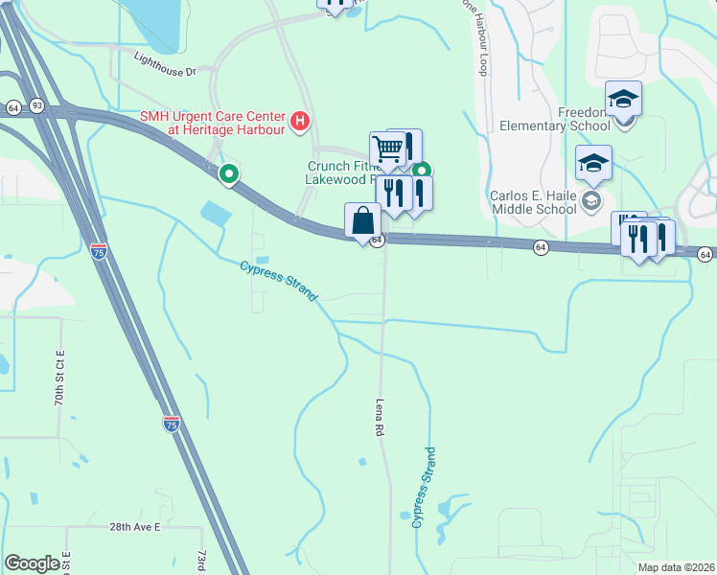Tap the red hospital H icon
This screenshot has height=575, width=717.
301,121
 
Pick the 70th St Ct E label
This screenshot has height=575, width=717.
59,378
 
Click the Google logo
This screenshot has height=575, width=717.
32,563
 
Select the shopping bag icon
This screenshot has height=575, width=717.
362,220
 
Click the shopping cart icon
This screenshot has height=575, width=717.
386,149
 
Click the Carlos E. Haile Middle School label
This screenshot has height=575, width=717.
535,202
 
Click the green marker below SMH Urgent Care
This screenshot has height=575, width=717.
228,174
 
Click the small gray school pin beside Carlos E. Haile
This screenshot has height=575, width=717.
591,200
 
